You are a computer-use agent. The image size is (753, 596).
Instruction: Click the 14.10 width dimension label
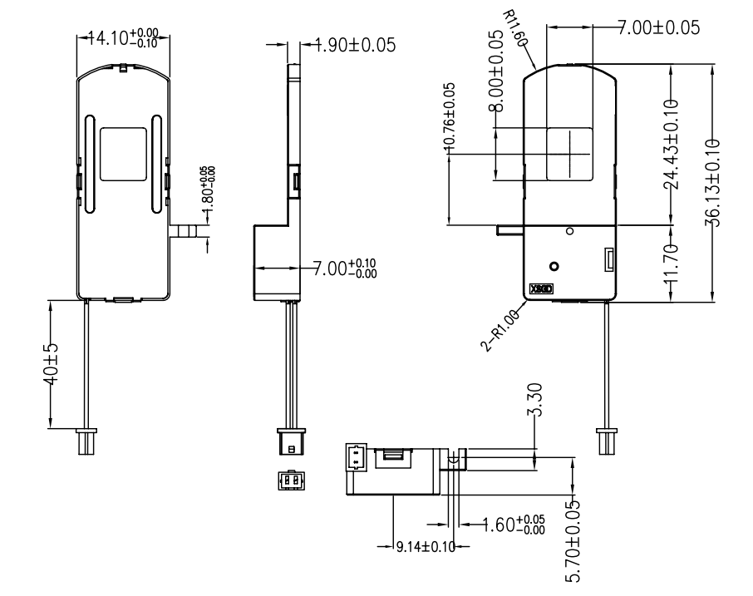coord(121,37)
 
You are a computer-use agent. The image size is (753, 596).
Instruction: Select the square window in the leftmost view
coord(123,154)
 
